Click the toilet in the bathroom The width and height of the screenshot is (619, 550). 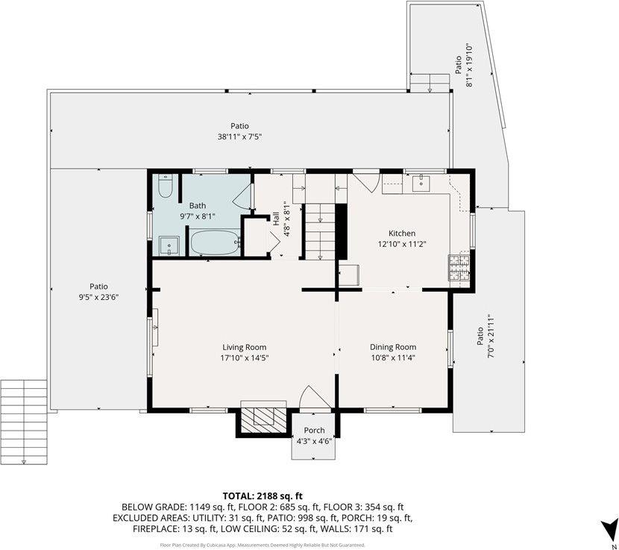tap(166, 187)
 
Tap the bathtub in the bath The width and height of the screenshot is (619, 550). tap(215, 243)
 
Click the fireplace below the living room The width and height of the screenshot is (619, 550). tap(261, 418)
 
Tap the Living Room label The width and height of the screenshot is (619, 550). tap(244, 347)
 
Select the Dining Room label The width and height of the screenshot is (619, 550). tap(393, 347)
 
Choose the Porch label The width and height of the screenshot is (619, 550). tap(314, 430)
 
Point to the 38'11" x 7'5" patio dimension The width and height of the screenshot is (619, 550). tap(239, 137)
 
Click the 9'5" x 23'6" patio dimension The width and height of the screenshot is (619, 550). tap(98, 296)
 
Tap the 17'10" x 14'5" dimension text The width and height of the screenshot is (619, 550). tap(244, 357)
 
